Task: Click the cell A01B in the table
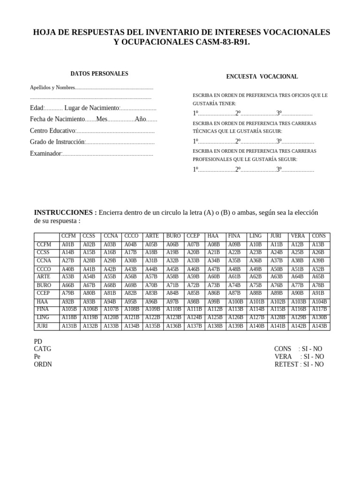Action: [x=68, y=245]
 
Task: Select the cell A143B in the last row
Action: [x=319, y=326]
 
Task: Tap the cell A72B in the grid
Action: [x=193, y=285]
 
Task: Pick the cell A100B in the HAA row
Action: [x=235, y=301]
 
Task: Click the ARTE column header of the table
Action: [x=152, y=236]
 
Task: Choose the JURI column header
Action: [x=276, y=236]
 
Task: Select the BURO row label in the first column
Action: [x=44, y=285]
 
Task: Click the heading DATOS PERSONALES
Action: [x=99, y=74]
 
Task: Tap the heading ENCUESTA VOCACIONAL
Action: [x=262, y=77]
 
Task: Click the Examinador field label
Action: [x=45, y=154]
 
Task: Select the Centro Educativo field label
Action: [x=52, y=131]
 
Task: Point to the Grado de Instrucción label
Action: [x=57, y=142]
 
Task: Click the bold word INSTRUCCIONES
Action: [x=65, y=212]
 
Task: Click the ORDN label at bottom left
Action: [x=43, y=364]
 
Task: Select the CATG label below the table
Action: [x=43, y=349]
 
